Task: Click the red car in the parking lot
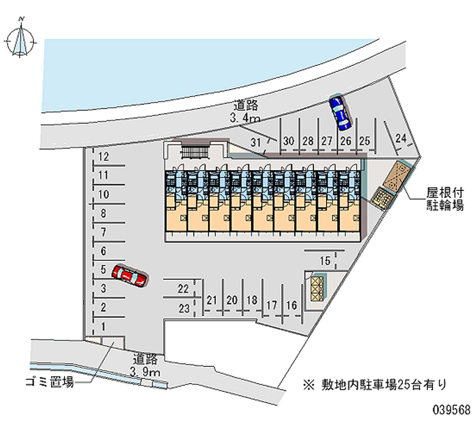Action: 131,276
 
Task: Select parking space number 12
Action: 104,157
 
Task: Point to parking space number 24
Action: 401,139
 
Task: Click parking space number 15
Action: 325,261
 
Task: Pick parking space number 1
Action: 104,326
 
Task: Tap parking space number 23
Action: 184,307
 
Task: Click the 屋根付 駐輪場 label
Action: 444,199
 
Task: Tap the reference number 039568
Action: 451,409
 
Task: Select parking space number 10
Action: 104,194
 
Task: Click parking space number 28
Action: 308,141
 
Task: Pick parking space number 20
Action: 232,300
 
